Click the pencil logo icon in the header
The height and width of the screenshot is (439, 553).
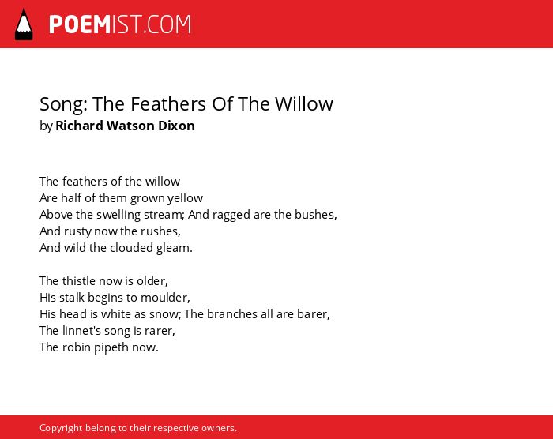coord(24,24)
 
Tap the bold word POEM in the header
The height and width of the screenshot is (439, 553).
coord(80,24)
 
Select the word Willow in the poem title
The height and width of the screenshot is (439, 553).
coord(304,103)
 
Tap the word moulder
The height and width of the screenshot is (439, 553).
coord(165,298)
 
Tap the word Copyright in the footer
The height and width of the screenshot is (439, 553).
coord(61,428)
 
